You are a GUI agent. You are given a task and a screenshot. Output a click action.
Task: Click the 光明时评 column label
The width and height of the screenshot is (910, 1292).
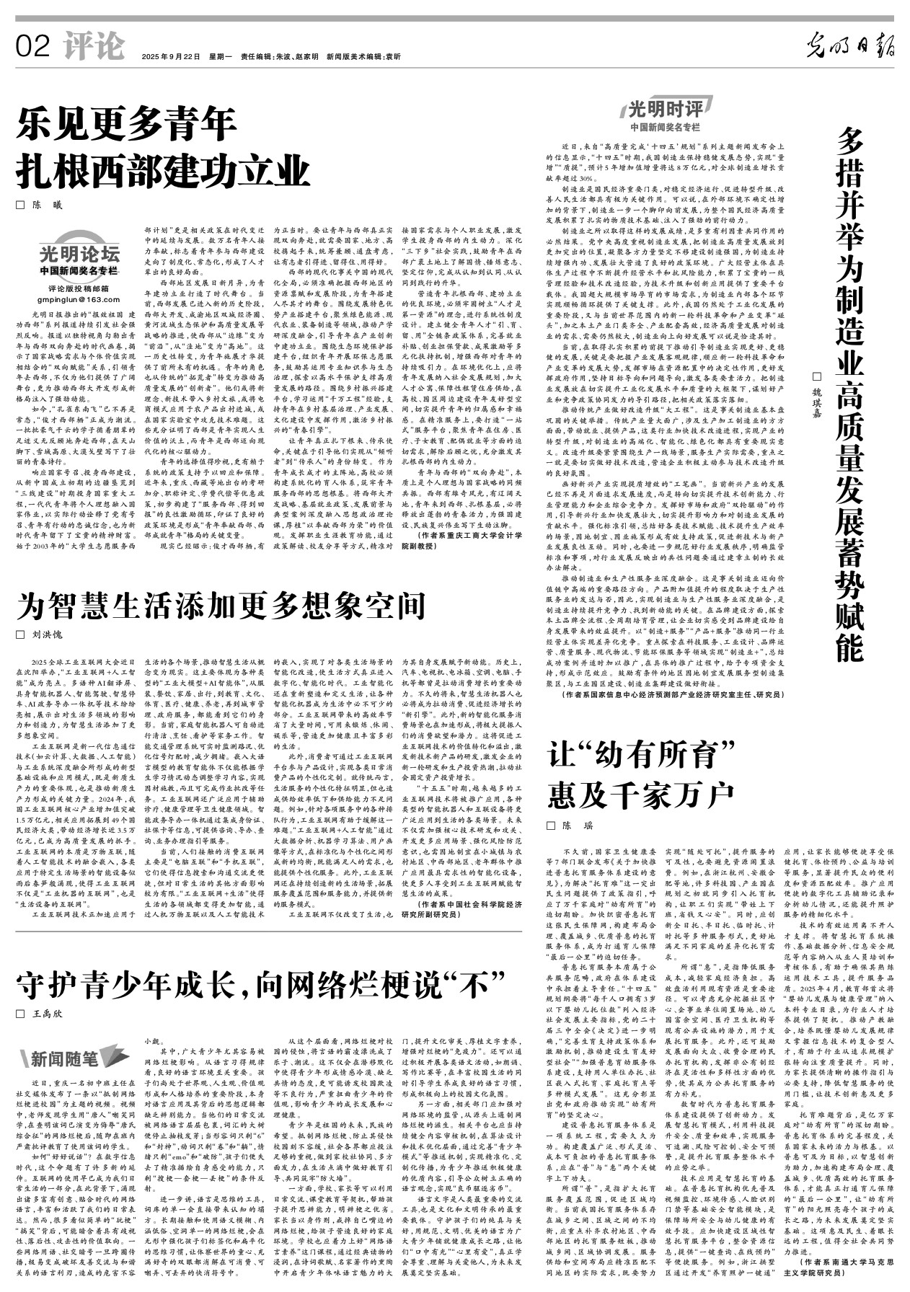[665, 110]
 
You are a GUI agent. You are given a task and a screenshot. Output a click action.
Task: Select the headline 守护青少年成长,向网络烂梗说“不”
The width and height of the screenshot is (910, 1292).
[262, 983]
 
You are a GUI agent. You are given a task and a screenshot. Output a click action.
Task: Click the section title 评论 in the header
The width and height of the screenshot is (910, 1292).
[93, 47]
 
